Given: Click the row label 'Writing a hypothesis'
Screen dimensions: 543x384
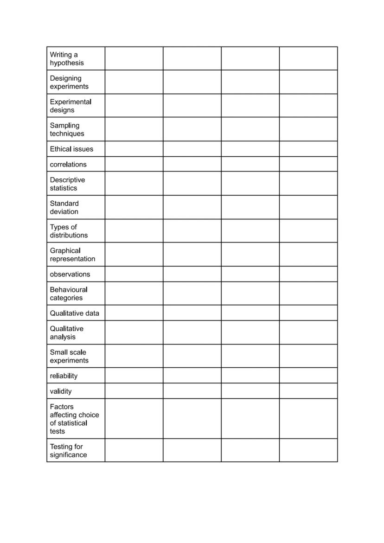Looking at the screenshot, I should point(67,59).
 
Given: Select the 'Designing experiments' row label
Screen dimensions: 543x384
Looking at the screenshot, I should point(69,83).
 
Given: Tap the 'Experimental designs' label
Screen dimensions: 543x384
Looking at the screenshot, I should point(70,106).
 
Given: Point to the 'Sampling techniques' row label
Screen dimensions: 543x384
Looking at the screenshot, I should point(67,129).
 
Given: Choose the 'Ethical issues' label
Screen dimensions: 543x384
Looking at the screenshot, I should point(71,149).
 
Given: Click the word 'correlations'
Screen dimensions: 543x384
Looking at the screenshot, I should point(68,164).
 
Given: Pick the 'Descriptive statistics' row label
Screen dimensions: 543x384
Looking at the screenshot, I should point(67,184).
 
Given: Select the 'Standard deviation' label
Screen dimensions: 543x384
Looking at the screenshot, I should point(64,207).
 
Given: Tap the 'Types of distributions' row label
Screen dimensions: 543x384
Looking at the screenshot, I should point(69,231).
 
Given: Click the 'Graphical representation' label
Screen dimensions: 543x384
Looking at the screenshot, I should point(72,255).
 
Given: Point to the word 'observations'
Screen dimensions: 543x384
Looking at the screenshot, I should point(70,274).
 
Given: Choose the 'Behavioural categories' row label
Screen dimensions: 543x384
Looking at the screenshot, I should point(69,294).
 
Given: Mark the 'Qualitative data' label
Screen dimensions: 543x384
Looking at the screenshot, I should point(74,313).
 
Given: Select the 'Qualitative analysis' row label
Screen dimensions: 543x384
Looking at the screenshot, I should point(67,332).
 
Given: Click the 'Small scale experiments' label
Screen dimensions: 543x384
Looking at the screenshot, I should point(69,356).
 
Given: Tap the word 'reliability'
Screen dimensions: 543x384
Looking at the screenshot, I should point(64,376).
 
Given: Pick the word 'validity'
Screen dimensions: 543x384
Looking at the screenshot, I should point(61,391).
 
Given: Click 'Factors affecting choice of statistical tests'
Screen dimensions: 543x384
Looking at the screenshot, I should point(74,419).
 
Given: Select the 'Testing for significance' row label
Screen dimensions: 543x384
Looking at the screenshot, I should point(68,451).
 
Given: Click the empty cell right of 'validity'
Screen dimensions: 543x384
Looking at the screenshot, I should point(134,391).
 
